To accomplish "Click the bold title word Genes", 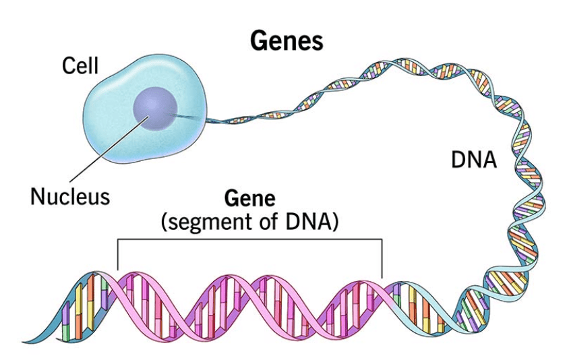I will [x=287, y=42].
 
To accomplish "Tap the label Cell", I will [x=80, y=66].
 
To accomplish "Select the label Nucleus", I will [x=69, y=197].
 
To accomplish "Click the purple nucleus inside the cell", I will [x=155, y=107].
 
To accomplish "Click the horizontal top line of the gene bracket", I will [x=249, y=239].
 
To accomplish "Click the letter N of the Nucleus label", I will [x=37, y=197].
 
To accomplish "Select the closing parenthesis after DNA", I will [x=332, y=222].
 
